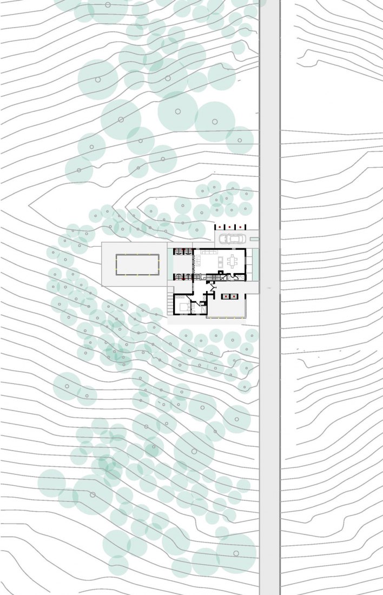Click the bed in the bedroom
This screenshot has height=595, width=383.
tap(182, 307)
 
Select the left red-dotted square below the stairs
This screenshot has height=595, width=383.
tap(226, 296)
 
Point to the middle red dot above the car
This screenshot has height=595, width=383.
tap(230, 226)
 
